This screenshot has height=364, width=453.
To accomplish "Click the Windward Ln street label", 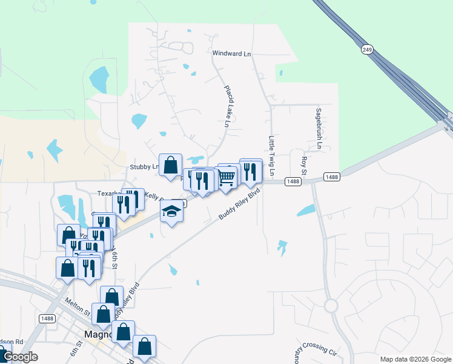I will point(231,53).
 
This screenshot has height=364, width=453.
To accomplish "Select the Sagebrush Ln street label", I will point(318,129).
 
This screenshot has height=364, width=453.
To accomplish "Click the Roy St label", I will point(305,165).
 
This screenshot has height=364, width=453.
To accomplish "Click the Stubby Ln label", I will point(144,167).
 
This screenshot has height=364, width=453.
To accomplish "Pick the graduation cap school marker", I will point(171,212).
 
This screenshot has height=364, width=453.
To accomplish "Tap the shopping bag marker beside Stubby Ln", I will point(170,164).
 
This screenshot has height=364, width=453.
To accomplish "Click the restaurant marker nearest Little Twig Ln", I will point(250,171).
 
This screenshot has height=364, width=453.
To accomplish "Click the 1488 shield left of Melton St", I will point(48,318).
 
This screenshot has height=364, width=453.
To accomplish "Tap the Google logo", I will point(21,357).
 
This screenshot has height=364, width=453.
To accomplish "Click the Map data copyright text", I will point(415,359).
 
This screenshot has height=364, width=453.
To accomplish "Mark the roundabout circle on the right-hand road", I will point(331,305).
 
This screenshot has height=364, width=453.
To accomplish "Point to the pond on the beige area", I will point(54,149).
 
